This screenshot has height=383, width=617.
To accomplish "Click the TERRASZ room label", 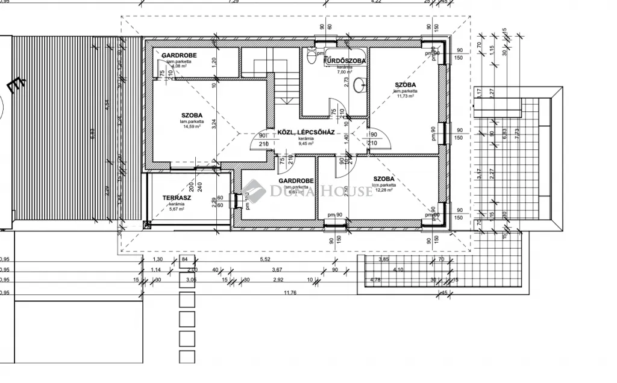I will coord(177,198).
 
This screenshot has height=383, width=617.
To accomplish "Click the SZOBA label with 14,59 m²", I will coord(192,115).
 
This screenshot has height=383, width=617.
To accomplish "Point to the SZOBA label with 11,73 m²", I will coord(406,84).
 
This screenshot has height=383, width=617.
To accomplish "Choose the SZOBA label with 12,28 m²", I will coord(384,179).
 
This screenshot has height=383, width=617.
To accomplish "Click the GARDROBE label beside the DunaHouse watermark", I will coord(294,180).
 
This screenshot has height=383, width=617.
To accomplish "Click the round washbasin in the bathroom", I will coord(360,84).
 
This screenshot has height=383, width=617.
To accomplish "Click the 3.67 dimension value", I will coord(277,270).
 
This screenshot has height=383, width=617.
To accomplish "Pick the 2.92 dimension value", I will coord(278,280).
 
